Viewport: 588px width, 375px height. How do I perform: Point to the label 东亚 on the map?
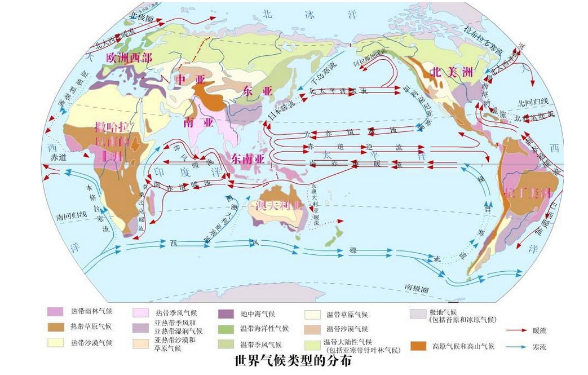pyautogui.click(x=257, y=90)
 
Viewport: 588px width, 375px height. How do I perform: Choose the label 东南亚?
pyautogui.click(x=247, y=158)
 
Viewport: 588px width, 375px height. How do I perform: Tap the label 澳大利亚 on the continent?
pyautogui.click(x=279, y=205)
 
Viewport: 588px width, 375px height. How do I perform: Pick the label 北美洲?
pyautogui.click(x=450, y=72)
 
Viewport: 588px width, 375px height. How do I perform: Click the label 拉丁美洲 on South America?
pyautogui.click(x=528, y=192)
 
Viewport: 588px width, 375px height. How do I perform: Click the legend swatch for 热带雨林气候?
pyautogui.click(x=55, y=311)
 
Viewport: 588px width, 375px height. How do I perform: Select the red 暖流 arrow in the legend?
pyautogui.click(x=514, y=330)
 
